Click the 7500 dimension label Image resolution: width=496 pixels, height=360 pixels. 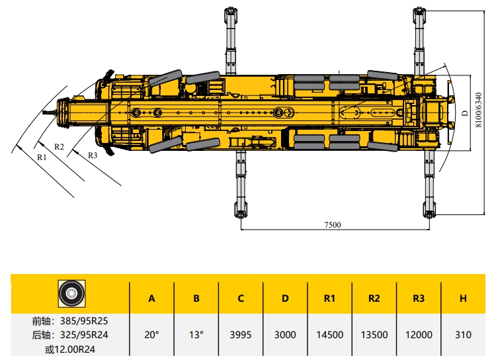coord(333,225)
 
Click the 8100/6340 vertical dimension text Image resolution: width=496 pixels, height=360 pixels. coord(479,110)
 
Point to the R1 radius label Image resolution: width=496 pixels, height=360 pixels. coord(42,157)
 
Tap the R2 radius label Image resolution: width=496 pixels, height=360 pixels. coord(59,147)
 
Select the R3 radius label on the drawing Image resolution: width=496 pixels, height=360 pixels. coord(93,155)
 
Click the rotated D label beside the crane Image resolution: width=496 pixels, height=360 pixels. coord(464,113)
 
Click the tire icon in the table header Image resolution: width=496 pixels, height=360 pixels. coord(71,294)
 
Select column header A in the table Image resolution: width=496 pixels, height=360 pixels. coord(152,298)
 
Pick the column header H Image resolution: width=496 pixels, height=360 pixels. coord(463,298)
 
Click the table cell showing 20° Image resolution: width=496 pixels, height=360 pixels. coord(152,335)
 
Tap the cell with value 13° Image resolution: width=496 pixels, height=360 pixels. coord(196,335)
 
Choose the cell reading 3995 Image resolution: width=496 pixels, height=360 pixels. coord(241,335)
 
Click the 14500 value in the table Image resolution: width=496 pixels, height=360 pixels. coord(329,335)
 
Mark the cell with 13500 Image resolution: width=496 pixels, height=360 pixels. coord(374,335)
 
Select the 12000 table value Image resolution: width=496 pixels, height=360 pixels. coord(419,335)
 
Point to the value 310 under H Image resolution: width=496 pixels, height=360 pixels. coord(463,335)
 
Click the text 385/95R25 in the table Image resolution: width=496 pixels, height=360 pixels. coord(84,321)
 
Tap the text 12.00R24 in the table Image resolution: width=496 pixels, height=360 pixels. coord(75,349)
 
